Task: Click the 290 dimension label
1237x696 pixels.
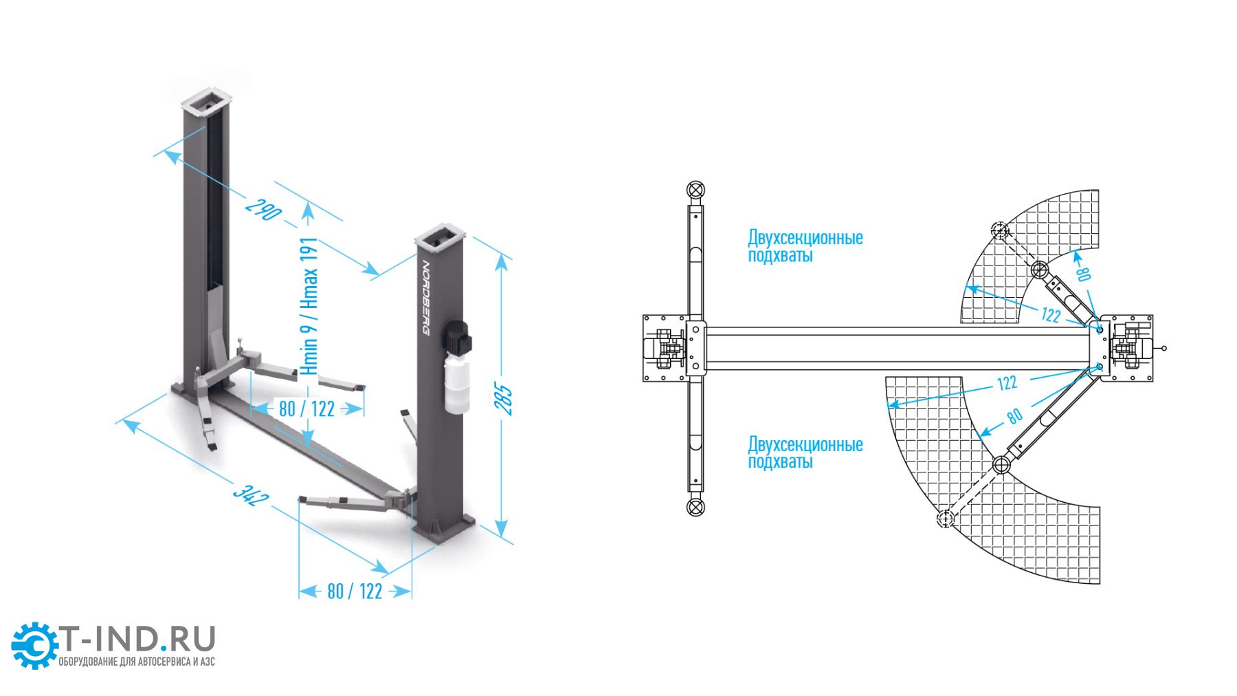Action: pyautogui.click(x=263, y=209)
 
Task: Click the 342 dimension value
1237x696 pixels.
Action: pyautogui.click(x=251, y=494)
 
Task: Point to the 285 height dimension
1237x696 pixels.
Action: pyautogui.click(x=504, y=399)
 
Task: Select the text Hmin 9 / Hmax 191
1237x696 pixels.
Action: pyautogui.click(x=309, y=306)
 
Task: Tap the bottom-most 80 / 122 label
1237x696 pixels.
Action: pyautogui.click(x=355, y=591)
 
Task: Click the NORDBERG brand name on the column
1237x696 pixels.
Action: pyautogui.click(x=425, y=298)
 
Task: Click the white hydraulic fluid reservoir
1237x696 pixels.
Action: pyautogui.click(x=456, y=384)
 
